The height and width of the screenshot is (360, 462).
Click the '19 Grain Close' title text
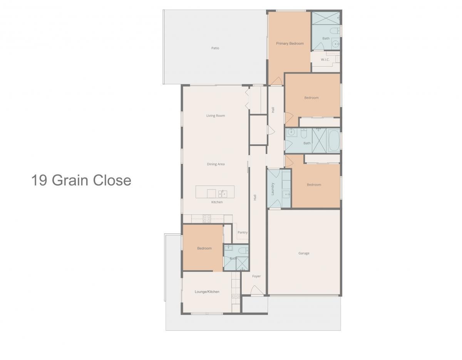point(81,180)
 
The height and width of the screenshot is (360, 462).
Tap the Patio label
point(215,48)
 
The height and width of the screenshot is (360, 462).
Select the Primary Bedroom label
point(290,44)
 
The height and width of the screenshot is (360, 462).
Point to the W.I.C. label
point(325,60)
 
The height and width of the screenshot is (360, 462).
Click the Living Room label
point(216,116)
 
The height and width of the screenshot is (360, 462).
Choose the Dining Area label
point(216,164)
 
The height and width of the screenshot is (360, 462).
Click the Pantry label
point(243,233)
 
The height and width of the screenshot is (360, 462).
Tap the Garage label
point(304,253)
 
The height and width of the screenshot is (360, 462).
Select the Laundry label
point(273,189)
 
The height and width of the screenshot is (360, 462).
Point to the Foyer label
point(256,276)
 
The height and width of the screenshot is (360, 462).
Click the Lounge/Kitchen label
point(207,292)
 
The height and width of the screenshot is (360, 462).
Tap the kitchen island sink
point(223,194)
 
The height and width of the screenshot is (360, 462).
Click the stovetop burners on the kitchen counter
point(207,219)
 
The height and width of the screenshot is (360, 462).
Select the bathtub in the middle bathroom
point(334,141)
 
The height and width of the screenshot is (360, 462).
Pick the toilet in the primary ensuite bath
point(335,31)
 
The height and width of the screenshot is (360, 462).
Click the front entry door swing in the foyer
point(257,290)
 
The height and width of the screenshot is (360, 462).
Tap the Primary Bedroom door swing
point(276,81)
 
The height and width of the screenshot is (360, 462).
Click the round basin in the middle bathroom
point(291,133)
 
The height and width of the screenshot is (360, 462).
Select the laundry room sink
point(286,194)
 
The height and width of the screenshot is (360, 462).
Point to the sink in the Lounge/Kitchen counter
point(236,296)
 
